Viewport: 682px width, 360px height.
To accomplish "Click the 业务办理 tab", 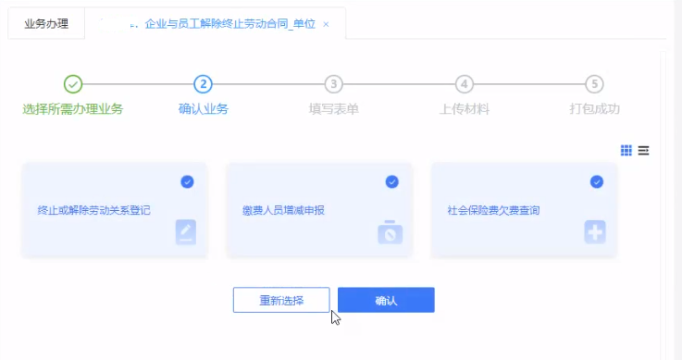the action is (x=46, y=23).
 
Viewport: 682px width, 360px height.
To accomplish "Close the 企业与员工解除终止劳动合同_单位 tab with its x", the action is (x=326, y=24).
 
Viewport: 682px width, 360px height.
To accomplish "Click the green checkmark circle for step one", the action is (x=74, y=84).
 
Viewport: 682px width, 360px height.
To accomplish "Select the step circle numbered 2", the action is (x=204, y=84).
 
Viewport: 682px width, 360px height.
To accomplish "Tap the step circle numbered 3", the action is (x=334, y=84).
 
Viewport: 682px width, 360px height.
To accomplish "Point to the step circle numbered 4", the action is (x=465, y=84).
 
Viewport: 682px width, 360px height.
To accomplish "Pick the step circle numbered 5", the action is (x=595, y=84).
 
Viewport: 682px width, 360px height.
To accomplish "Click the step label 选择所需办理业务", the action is (x=73, y=108).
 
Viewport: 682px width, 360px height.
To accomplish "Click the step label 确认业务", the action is (x=204, y=108).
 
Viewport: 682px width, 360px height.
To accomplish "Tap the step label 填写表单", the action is (x=334, y=108).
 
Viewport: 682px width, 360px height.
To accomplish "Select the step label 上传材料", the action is (x=465, y=108).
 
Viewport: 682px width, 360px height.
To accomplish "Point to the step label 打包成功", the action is (x=595, y=108).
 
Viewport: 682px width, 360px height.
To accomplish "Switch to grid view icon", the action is (x=626, y=150).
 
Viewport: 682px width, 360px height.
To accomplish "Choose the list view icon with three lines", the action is (x=643, y=150).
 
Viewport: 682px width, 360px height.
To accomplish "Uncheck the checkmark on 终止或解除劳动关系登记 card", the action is (x=187, y=181).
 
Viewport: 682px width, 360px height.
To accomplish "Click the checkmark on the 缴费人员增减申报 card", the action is (x=391, y=181).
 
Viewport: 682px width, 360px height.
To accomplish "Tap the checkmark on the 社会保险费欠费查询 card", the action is (x=596, y=181).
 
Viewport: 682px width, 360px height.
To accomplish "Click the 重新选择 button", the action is (x=281, y=300).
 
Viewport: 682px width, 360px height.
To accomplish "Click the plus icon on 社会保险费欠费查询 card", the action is (x=595, y=232).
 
